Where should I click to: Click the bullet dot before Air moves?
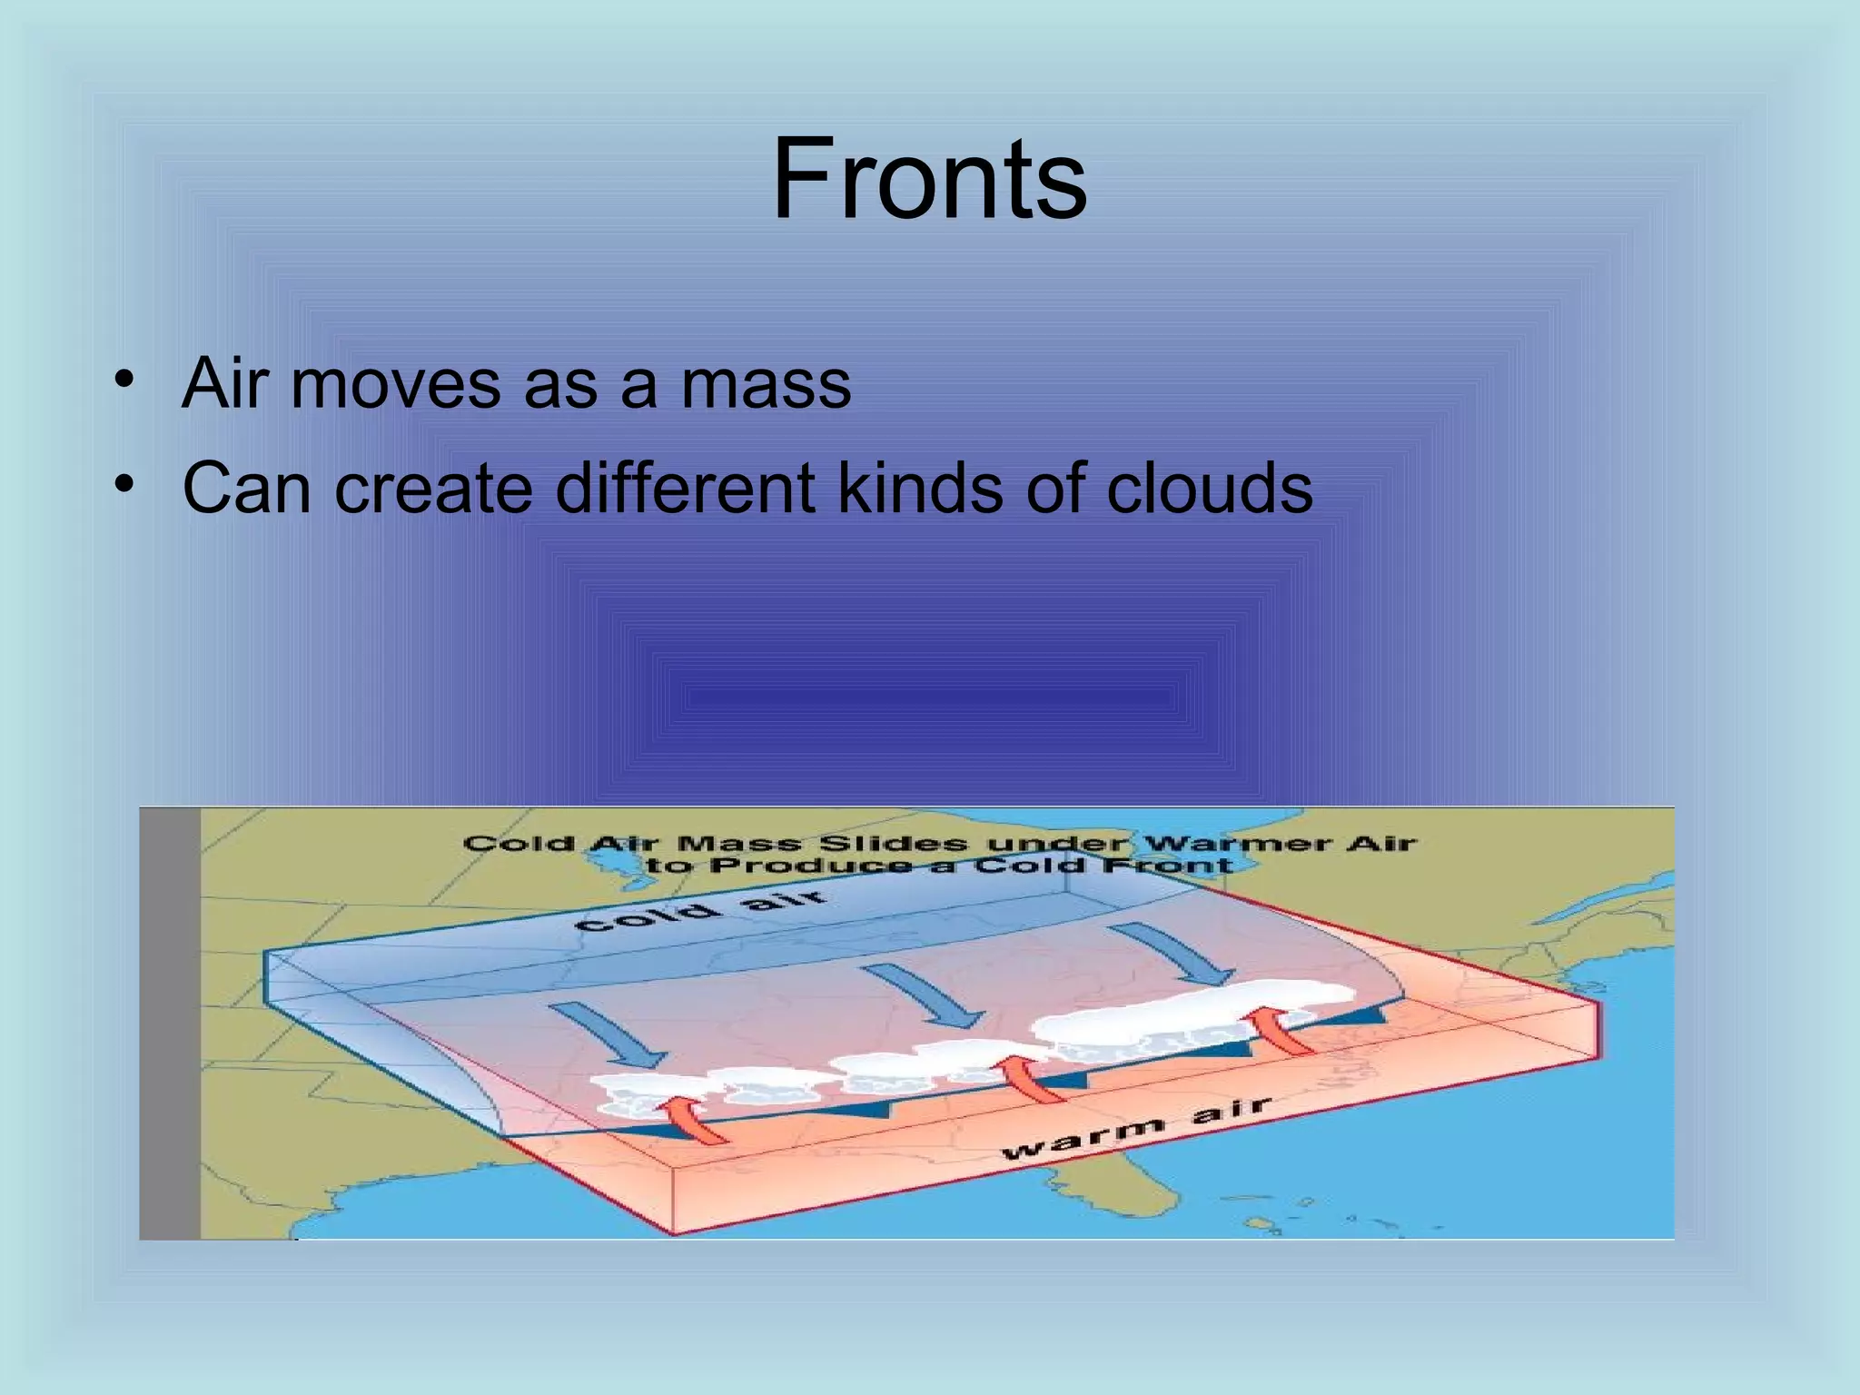pos(124,377)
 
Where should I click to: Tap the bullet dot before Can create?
pos(124,482)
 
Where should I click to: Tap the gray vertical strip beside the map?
pos(169,1022)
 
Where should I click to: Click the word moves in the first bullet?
pos(395,383)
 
